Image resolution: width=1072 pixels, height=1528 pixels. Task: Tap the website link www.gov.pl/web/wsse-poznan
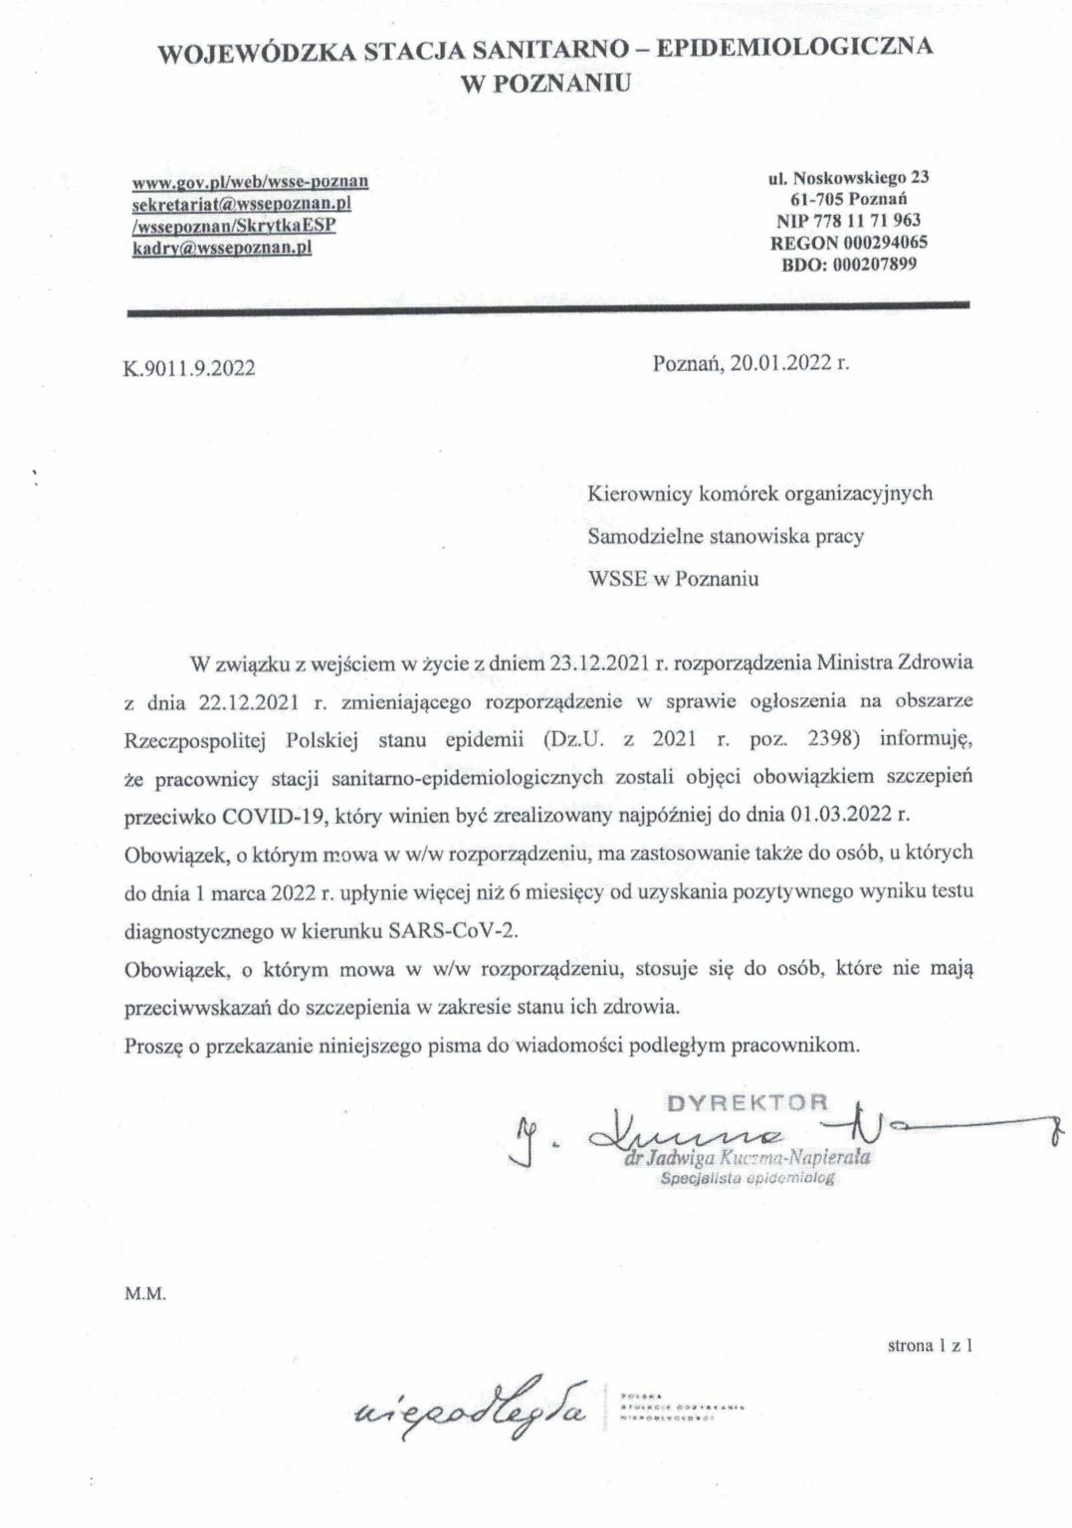tap(251, 182)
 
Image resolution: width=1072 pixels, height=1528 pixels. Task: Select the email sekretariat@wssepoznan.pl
tap(243, 204)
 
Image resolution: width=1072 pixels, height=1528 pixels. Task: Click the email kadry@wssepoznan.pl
tap(222, 248)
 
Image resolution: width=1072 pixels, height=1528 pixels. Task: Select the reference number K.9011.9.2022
tap(187, 367)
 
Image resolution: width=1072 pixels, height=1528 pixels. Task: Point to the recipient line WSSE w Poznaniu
tap(674, 579)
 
